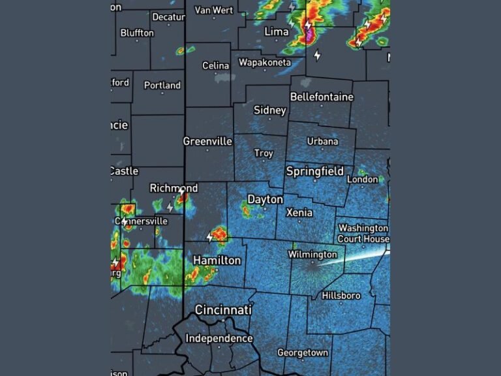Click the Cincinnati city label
pos(223,309)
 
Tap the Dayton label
pos(265,199)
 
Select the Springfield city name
pos(314,172)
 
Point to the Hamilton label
pos(217,260)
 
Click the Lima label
pos(277,31)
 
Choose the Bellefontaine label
pos(322,97)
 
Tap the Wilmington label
pos(313,255)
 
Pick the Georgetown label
pos(303,352)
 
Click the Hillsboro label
pos(341,296)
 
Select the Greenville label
pos(207,141)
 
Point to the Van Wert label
pos(213,10)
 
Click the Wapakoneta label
pos(264,63)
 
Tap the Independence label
pos(219,338)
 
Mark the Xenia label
pos(299,212)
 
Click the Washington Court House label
pos(363,234)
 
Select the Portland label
pos(162,86)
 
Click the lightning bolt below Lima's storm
pos(317,55)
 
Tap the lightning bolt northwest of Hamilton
pos(210,236)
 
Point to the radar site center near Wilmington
pos(311,266)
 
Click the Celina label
pos(215,66)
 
